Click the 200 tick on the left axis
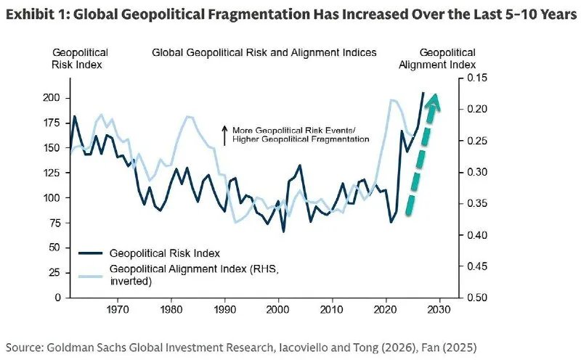[52, 98]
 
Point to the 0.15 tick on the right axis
[477, 78]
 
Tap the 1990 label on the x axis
[224, 309]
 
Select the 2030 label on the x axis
[440, 309]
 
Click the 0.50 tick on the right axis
[477, 298]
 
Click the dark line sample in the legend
[90, 253]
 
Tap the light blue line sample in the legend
[90, 276]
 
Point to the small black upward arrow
[224, 135]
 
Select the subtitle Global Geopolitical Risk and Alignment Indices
[264, 52]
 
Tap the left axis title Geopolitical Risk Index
[79, 59]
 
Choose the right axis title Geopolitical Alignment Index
[437, 59]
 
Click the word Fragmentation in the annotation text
[340, 139]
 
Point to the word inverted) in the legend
[131, 281]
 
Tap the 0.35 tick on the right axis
[477, 203]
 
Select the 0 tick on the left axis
[57, 298]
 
